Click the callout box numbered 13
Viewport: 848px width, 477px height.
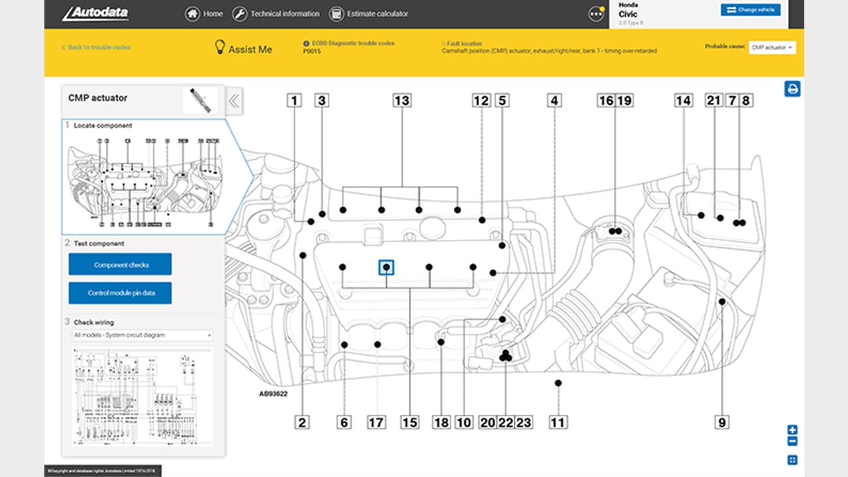coord(401,101)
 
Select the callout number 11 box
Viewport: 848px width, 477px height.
coord(558,422)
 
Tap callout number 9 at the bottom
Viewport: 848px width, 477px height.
coord(722,422)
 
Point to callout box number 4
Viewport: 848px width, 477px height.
coord(555,101)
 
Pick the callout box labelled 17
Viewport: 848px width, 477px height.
coord(376,422)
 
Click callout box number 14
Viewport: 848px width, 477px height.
coord(683,101)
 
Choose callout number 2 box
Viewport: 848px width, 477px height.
coord(302,422)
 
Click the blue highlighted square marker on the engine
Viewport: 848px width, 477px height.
coord(386,267)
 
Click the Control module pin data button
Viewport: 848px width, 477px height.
coord(120,293)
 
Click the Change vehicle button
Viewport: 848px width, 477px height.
coord(751,10)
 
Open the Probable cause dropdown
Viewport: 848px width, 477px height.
coord(772,48)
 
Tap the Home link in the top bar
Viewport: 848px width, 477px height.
coord(204,13)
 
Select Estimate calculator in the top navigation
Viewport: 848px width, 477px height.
coord(368,13)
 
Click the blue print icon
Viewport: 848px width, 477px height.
coord(792,89)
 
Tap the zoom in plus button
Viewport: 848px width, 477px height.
coord(792,430)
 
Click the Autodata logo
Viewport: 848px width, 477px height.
coord(95,13)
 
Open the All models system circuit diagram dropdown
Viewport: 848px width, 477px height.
coord(142,335)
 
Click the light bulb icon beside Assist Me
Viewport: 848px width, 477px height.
coord(220,48)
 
